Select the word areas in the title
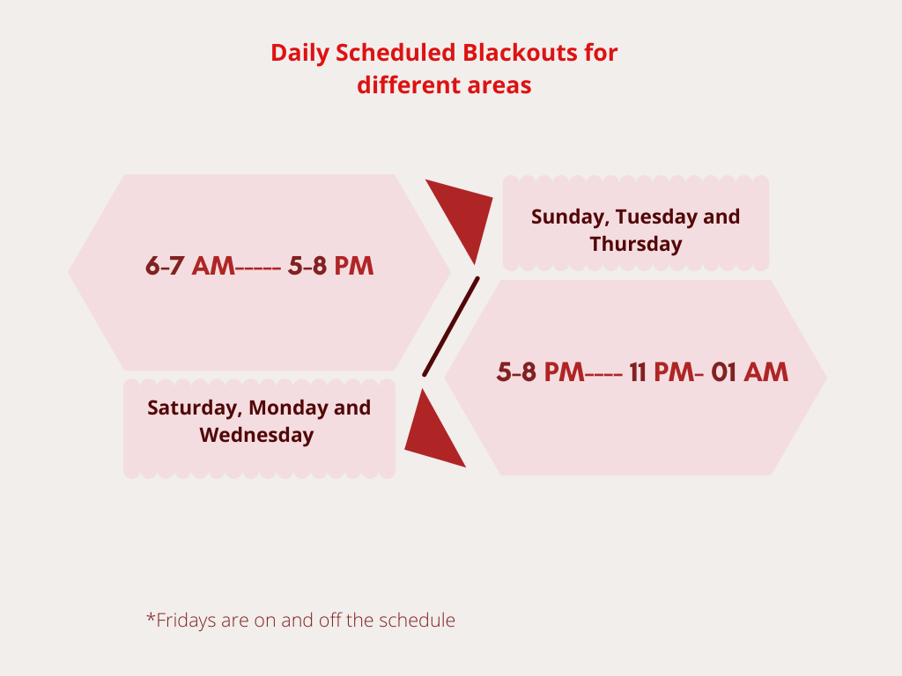tap(499, 85)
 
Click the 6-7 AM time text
tap(190, 266)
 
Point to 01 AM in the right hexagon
tap(750, 372)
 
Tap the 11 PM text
tap(662, 372)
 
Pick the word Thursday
tap(636, 244)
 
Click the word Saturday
tap(195, 408)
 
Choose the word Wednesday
tap(256, 435)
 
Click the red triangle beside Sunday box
tap(463, 214)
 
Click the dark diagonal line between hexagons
tap(451, 327)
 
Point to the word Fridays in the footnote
tap(181, 621)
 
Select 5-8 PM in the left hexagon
tap(331, 266)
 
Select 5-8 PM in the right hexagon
tap(540, 372)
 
